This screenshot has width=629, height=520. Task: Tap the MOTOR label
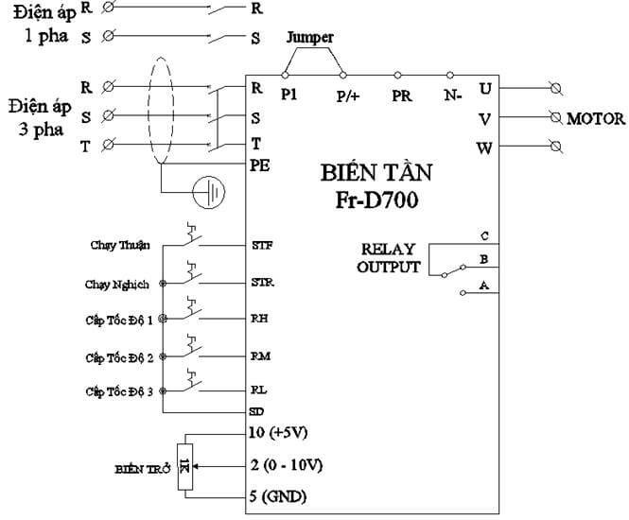tap(596, 119)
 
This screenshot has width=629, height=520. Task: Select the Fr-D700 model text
tap(376, 200)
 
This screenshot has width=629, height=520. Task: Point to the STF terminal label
tap(261, 245)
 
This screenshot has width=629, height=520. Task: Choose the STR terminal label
tap(262, 283)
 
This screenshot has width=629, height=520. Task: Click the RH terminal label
tap(259, 320)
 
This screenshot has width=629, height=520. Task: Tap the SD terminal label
tap(256, 412)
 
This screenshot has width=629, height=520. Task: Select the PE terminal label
tap(261, 165)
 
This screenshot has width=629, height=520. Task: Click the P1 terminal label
tap(289, 95)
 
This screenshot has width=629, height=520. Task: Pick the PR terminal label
tap(402, 95)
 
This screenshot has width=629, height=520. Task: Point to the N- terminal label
tap(453, 95)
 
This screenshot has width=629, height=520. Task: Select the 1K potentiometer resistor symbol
tap(185, 464)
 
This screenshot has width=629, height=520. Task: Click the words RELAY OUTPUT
tap(388, 258)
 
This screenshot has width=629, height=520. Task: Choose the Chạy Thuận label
tap(123, 246)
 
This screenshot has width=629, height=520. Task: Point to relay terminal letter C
tap(484, 235)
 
